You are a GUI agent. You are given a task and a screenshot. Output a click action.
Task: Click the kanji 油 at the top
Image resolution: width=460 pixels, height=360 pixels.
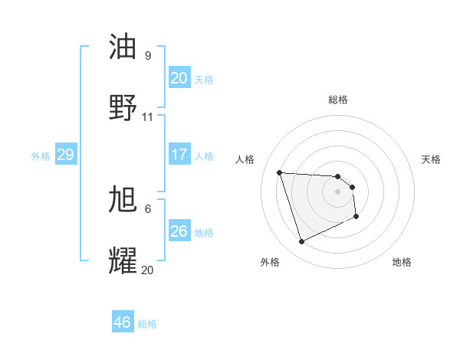point(123,47)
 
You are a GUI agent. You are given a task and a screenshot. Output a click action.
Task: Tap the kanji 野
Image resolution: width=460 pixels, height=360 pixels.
point(123,107)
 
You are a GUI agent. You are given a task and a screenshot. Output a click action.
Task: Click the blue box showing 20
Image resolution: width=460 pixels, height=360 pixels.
point(179,78)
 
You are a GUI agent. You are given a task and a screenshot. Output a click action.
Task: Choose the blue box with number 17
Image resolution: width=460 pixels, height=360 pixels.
point(179,155)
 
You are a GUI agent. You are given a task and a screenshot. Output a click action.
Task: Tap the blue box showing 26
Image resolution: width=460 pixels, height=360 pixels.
point(179,231)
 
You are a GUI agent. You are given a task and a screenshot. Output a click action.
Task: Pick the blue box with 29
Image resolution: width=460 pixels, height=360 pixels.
point(65,155)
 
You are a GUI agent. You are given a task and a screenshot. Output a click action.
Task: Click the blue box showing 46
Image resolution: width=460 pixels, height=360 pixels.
point(122,322)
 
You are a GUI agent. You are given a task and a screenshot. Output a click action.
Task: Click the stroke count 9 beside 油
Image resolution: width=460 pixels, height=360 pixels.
point(148,55)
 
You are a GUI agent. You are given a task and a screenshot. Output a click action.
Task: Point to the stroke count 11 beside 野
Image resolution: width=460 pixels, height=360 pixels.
point(148,117)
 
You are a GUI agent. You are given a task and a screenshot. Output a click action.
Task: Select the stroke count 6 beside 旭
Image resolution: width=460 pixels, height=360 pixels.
point(148,208)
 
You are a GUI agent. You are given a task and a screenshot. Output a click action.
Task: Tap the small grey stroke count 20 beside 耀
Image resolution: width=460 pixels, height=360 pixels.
point(148,270)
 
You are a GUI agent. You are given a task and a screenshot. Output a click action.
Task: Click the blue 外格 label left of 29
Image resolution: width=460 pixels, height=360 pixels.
point(41,156)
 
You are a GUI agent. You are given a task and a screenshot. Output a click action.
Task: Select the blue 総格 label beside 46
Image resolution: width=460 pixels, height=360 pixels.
point(147,324)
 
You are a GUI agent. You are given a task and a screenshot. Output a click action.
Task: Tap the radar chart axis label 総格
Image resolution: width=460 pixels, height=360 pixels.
point(338,100)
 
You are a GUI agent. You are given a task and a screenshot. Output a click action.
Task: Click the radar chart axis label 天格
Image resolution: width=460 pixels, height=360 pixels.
point(432,159)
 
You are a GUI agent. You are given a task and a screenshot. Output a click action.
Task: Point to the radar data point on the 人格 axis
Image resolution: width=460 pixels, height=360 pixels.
point(280,172)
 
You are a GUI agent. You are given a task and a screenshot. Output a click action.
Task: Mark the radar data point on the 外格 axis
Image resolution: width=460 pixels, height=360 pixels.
point(301,242)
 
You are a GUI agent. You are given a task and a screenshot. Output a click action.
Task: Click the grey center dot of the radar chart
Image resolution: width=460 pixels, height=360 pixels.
point(337,191)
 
